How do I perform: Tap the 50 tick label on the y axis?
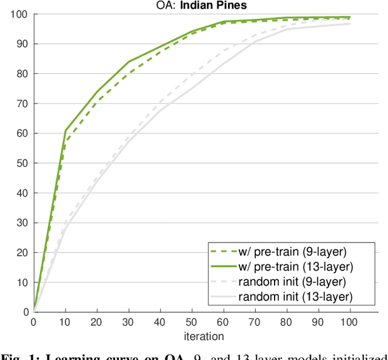pyautogui.click(x=22, y=163)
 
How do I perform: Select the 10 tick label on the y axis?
pyautogui.click(x=22, y=282)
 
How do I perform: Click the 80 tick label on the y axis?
pyautogui.click(x=22, y=73)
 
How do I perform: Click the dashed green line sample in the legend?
pyautogui.click(x=221, y=250)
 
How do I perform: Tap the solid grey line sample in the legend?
pyautogui.click(x=221, y=297)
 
